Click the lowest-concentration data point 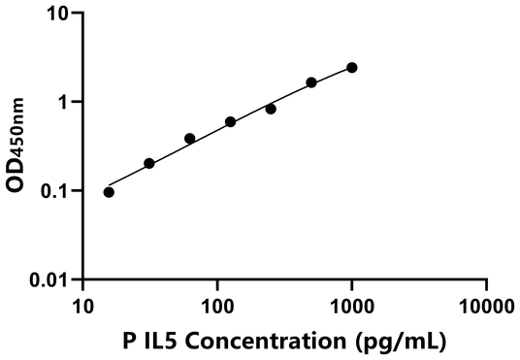click(109, 192)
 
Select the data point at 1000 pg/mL click(352, 68)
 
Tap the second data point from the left click(149, 164)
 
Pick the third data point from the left click(190, 139)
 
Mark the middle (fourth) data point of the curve click(231, 122)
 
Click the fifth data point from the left click(271, 109)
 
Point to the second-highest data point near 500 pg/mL click(311, 82)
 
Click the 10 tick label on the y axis click(59, 15)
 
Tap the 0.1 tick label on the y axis click(56, 191)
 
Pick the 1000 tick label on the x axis click(351, 308)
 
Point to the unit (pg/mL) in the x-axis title click(396, 342)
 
